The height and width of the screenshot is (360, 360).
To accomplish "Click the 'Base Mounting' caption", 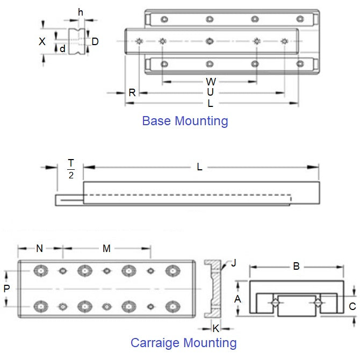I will click(x=185, y=121).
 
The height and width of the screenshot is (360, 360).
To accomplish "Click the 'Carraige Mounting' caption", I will click(x=183, y=342).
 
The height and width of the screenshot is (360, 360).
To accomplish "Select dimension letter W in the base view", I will click(x=211, y=82).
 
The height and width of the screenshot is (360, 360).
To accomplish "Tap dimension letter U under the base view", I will click(x=211, y=92).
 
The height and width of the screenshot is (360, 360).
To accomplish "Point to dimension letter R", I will click(x=132, y=92).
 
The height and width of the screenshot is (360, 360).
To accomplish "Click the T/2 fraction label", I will click(x=70, y=169).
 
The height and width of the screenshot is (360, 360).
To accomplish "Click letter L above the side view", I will click(x=199, y=167).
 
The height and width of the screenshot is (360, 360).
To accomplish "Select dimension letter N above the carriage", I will click(x=40, y=248).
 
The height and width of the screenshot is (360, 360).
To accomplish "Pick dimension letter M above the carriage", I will click(x=106, y=248).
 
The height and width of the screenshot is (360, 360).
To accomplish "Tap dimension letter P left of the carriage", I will click(x=7, y=288).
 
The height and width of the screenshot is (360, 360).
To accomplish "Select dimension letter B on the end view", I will click(x=296, y=265).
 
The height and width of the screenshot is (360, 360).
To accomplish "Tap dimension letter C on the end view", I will click(x=352, y=307).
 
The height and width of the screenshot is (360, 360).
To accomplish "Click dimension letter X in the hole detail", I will click(x=42, y=41).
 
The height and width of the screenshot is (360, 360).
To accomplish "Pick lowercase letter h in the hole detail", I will click(x=81, y=12).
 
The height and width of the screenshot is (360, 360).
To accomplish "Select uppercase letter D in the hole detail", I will click(x=95, y=41).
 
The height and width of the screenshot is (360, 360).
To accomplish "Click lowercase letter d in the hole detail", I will click(x=62, y=49).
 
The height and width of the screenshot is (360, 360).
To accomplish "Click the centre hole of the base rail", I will click(x=210, y=41).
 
